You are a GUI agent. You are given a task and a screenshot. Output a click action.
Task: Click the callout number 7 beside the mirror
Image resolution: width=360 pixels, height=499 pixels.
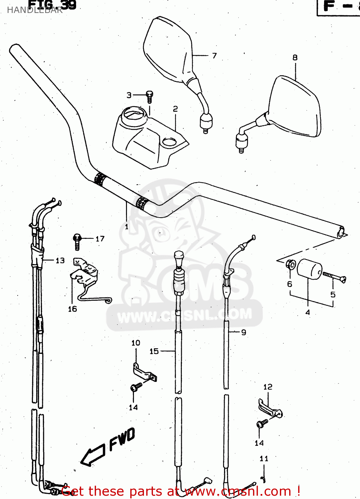(214, 56)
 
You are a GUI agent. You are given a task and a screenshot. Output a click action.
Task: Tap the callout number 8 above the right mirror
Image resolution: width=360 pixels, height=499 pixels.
(295, 58)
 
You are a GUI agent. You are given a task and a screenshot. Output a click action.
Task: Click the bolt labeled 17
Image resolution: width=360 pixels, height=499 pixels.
(77, 241)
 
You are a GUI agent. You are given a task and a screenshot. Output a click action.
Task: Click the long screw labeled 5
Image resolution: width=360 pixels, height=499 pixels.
(334, 277)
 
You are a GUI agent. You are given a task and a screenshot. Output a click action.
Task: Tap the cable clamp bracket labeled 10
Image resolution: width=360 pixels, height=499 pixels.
(144, 373)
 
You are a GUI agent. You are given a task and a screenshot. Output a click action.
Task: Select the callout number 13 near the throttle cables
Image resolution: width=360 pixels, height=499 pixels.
(60, 260)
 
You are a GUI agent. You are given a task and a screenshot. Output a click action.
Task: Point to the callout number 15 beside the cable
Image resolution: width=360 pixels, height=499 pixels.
(154, 351)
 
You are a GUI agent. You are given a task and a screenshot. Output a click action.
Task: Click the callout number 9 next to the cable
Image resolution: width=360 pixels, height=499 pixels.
(244, 332)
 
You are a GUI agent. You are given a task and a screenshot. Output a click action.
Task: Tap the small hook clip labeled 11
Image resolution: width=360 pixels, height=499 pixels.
(264, 479)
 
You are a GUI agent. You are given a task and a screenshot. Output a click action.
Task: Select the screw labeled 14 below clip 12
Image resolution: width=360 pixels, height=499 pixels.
(262, 423)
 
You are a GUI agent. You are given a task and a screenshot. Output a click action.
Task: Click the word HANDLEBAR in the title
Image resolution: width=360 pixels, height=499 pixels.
(35, 10)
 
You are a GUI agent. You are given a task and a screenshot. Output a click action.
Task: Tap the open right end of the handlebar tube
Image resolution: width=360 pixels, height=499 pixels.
(341, 232)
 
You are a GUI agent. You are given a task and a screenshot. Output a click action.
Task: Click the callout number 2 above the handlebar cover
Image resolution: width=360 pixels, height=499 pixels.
(175, 109)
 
